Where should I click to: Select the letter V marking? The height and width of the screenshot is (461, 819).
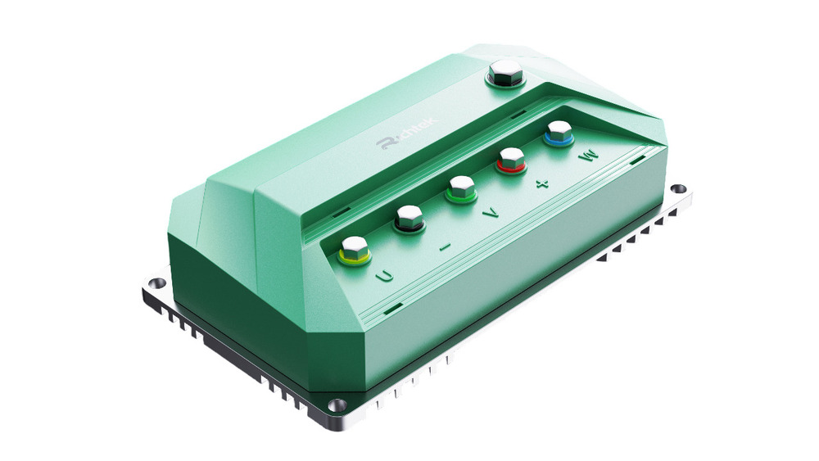[x=490, y=215]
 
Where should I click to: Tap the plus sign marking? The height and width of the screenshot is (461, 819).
[x=541, y=184]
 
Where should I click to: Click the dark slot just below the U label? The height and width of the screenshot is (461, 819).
[x=393, y=308]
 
